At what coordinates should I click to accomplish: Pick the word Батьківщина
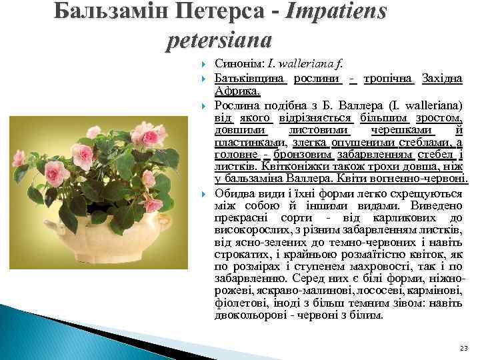coord(251,79)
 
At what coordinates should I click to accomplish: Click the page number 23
coord(464,349)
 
